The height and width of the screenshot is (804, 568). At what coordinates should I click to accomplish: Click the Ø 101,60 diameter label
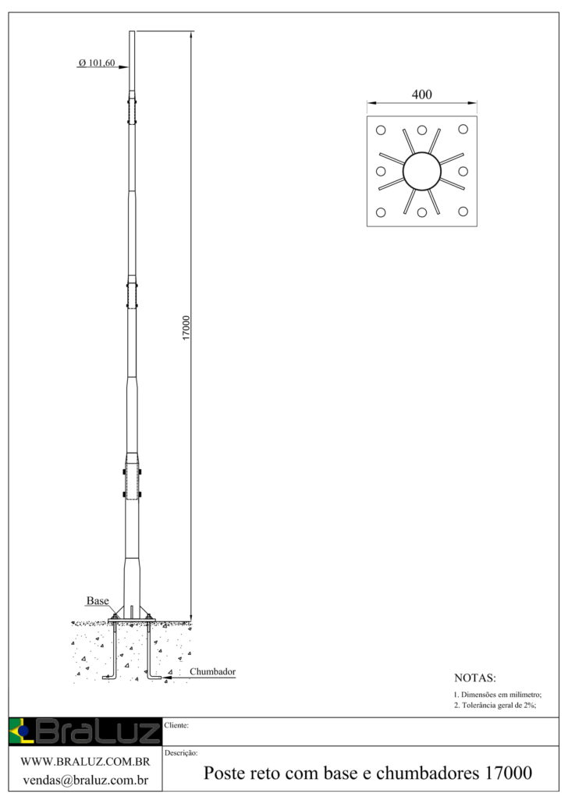pos(97,62)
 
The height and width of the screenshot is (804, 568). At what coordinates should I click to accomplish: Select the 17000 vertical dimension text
pos(186,328)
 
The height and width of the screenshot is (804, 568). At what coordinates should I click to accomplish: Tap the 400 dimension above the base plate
pos(422,94)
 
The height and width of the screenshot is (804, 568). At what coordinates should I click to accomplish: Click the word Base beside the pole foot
pos(98,600)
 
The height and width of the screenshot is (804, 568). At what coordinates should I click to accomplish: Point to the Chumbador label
pos(213,672)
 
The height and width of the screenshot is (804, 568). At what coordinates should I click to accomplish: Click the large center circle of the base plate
pos(422,171)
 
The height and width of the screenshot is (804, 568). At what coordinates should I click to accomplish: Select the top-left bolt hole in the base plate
pos(381,130)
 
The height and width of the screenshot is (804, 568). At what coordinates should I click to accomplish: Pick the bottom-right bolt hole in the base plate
pos(463,212)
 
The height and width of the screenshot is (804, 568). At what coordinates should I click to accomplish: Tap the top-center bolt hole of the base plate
pos(422,130)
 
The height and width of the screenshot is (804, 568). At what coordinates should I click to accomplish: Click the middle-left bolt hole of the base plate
pos(381,171)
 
